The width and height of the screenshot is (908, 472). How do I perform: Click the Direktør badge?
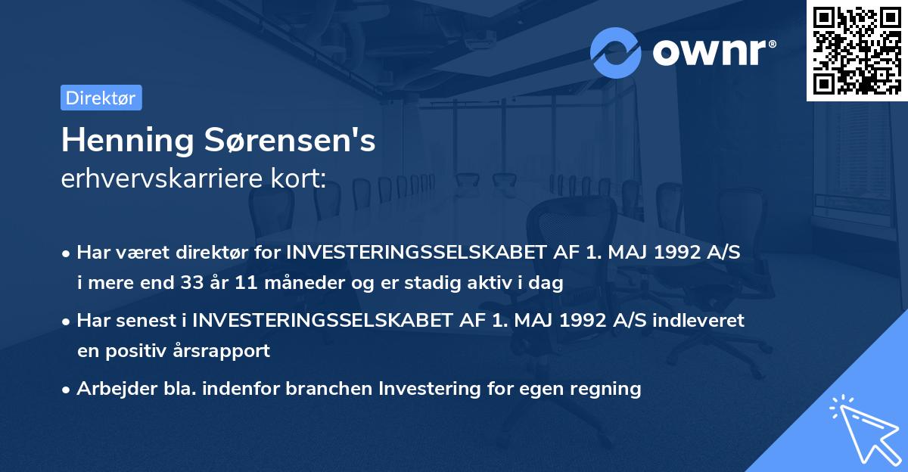101,98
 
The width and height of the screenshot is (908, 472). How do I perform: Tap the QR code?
857,50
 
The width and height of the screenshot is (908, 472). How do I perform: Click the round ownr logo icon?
616,52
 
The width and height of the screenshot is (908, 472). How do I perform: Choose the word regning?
608,389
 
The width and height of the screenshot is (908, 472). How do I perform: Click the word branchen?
334,389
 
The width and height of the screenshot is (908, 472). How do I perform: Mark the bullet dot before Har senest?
67,321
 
